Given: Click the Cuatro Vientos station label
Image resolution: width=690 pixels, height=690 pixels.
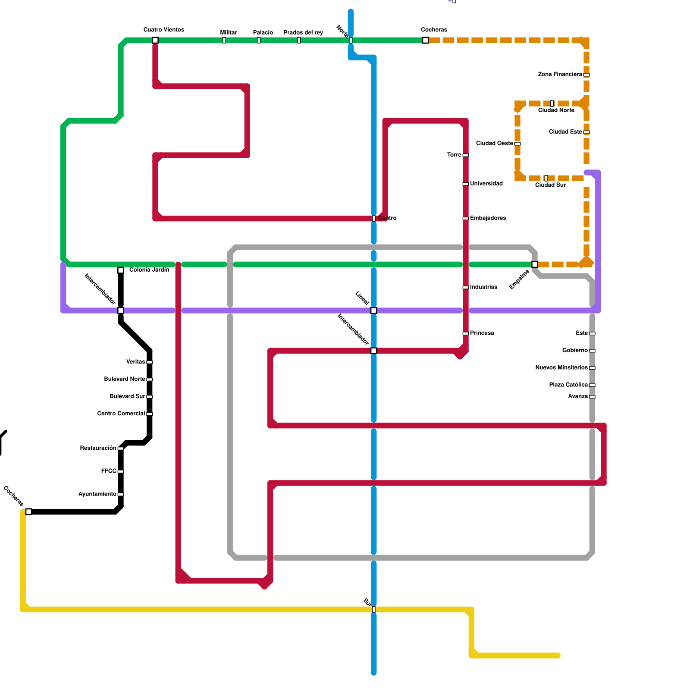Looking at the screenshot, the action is (163, 30).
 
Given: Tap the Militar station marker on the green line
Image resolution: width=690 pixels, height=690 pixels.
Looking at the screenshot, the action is (224, 41).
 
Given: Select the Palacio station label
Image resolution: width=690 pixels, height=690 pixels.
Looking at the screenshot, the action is (263, 33).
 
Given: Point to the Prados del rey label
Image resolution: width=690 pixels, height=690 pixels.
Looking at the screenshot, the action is (303, 33).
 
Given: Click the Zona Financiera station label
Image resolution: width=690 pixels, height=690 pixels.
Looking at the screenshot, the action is (560, 75).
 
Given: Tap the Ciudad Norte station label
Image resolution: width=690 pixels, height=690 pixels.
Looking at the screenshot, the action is (556, 110).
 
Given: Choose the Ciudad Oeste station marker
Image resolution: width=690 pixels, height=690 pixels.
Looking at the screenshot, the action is (517, 144).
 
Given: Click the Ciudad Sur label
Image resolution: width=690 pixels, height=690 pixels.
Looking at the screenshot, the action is (550, 185).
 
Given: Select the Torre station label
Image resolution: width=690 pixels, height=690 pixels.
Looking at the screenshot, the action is (454, 155).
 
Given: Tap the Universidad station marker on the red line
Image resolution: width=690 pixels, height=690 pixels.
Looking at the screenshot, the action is (466, 184).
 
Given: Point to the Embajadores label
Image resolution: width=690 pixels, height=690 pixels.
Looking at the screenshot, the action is (488, 218).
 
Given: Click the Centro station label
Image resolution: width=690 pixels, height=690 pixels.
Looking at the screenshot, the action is (387, 218).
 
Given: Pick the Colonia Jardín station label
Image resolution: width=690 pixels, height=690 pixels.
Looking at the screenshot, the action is (149, 270).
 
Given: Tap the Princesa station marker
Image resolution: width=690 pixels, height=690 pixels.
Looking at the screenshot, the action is (466, 333).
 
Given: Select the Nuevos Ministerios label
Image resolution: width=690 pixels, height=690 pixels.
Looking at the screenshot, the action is (561, 368).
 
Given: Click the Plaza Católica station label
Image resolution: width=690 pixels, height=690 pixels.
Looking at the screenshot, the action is (568, 385).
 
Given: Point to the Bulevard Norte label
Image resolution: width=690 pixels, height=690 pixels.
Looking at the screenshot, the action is (124, 379).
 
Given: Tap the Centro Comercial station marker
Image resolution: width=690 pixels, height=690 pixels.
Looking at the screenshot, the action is (149, 414).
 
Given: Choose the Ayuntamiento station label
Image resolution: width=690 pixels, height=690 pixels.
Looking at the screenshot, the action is (97, 494).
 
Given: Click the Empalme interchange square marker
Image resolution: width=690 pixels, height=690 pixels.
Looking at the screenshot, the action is (535, 264).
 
